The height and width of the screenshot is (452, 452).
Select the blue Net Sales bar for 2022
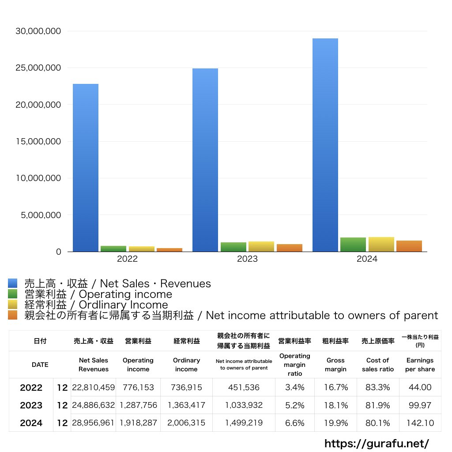pos(86,168)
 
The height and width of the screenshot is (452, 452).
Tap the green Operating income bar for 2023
pos(234,247)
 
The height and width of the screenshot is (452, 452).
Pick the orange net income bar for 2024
pos(409,246)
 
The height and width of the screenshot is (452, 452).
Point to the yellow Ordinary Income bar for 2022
pos(141,249)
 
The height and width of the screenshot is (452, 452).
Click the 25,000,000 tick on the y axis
pos(38,68)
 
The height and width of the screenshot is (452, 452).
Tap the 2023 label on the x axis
pos(247,260)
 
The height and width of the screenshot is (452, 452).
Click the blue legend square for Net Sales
pos(12,283)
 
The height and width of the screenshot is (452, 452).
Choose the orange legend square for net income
pos(12,315)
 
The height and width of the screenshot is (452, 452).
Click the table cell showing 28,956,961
pos(93,423)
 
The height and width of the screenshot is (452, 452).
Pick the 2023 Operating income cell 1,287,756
pos(138,405)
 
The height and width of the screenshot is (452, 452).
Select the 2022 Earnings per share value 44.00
pos(420,388)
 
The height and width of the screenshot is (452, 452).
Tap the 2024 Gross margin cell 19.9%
pos(335,423)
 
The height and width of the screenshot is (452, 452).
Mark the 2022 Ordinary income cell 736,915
pos(186,388)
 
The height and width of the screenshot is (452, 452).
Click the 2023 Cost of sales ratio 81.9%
pos(377,405)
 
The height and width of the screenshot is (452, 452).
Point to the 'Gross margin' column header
pos(335,365)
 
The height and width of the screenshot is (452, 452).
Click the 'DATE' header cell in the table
pos(40,365)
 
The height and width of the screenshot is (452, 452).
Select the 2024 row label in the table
pos(31,423)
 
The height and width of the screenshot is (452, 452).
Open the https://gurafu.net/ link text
pos(377,443)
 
